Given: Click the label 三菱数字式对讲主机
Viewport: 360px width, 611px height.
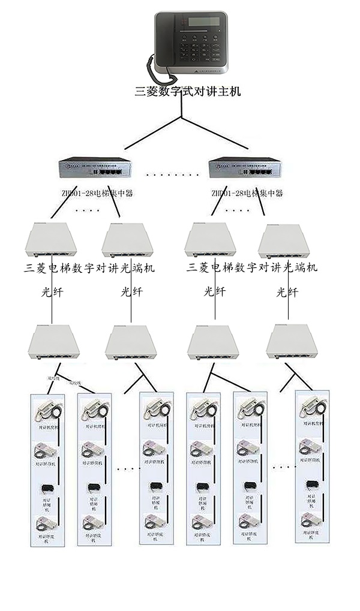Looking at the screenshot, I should (x=187, y=92).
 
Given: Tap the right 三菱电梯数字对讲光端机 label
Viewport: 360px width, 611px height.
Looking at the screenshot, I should (x=253, y=267).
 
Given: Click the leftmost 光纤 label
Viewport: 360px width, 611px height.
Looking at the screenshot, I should (x=52, y=292).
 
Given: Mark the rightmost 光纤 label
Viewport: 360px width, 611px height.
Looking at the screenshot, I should (x=287, y=292).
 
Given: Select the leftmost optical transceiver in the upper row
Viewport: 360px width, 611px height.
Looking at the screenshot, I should (x=52, y=241).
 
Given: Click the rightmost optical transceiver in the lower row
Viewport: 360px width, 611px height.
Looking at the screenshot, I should (x=292, y=342).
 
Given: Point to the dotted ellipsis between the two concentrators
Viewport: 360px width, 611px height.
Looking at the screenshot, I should (x=173, y=174).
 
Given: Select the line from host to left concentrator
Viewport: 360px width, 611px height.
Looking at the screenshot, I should (x=153, y=133).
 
